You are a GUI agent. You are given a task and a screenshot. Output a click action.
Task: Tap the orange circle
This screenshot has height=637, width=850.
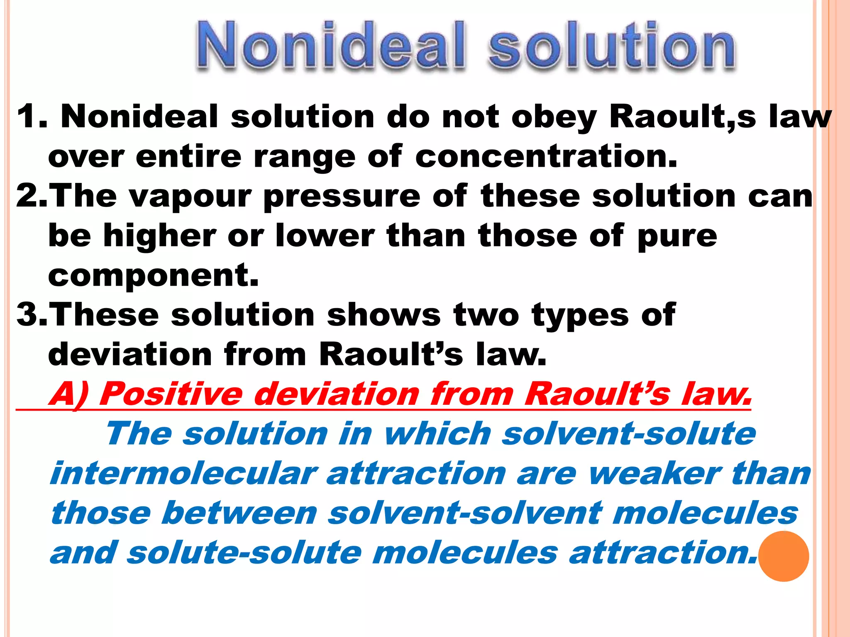click(x=784, y=556)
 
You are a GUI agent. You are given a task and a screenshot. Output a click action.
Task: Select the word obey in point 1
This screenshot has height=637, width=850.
click(x=554, y=118)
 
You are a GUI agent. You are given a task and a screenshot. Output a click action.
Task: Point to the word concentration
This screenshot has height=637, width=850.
click(x=546, y=157)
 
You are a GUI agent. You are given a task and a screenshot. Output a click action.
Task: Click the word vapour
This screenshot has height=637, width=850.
click(x=191, y=197)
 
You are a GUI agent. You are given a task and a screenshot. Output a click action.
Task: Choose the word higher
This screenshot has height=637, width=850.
click(x=159, y=236)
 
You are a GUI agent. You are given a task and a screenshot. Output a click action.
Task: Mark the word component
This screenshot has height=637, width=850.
click(x=153, y=275)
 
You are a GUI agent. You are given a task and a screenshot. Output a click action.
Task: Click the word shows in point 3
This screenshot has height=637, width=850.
click(x=384, y=314)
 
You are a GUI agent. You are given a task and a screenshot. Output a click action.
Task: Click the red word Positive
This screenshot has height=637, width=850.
click(x=171, y=394)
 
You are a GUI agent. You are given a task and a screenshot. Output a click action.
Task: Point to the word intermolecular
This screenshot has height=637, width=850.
click(x=183, y=474)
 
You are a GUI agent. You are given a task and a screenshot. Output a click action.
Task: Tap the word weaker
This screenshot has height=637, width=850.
click(x=654, y=474)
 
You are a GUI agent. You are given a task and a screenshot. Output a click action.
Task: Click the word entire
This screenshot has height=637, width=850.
click(x=188, y=157)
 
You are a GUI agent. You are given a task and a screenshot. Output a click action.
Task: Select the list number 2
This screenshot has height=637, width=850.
click(x=27, y=196)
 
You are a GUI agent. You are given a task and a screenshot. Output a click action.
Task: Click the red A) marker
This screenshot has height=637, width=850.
click(x=68, y=394)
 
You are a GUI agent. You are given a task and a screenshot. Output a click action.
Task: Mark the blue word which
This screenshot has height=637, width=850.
click(x=438, y=434)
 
